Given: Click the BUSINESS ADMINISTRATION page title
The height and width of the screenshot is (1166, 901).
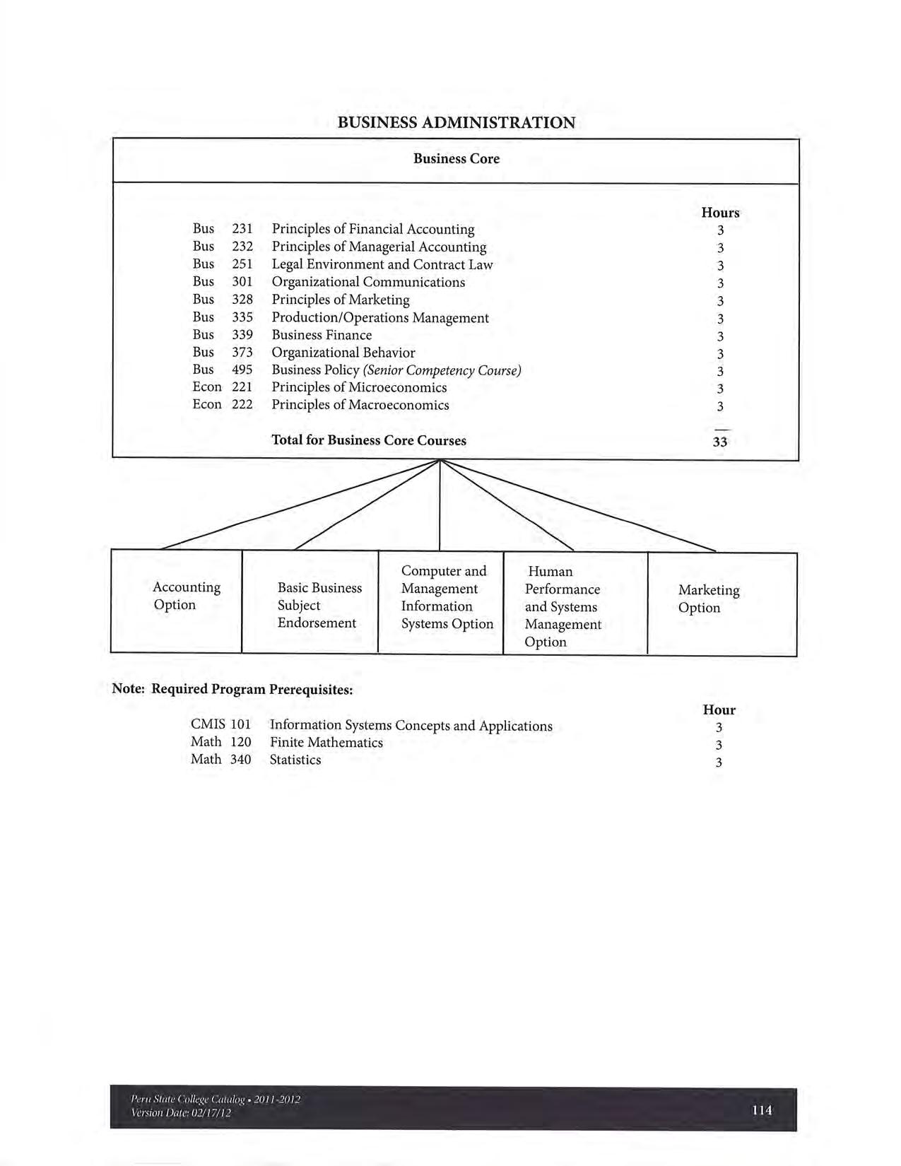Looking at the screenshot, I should (456, 123).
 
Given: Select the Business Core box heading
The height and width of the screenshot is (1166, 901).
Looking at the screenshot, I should (456, 159).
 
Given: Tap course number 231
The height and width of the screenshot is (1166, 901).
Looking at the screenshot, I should (242, 229).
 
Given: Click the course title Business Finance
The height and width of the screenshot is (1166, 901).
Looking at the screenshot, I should (322, 335).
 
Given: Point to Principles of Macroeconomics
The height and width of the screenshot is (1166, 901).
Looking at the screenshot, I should (360, 405).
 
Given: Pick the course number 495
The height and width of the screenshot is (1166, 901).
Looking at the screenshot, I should (242, 370).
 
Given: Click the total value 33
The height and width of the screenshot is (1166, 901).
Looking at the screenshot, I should (720, 442).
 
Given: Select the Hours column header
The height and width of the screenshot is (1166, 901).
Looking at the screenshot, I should (720, 213).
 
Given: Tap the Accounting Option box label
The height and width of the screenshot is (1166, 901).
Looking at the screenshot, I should (187, 596).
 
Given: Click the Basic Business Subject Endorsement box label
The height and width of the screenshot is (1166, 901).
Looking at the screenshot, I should (319, 605).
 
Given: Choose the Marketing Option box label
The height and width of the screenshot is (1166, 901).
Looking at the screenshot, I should (708, 599).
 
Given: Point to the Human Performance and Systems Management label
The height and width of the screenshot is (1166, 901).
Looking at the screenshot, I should (562, 606).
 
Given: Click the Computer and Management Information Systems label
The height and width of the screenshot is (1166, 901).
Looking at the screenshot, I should (447, 597).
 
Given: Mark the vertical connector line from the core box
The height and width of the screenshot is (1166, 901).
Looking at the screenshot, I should (440, 505).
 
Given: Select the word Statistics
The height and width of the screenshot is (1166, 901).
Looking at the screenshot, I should (295, 760).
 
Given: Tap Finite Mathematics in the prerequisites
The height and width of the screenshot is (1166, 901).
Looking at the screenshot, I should (326, 743).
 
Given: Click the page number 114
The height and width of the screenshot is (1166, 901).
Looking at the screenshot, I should (762, 1110).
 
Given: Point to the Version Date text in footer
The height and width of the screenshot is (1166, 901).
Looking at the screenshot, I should (181, 1114).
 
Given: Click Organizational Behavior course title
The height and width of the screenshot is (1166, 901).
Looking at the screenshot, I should (343, 353).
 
